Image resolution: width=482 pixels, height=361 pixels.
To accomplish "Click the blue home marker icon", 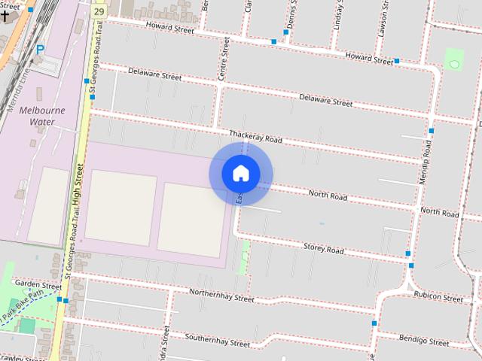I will (x=241, y=174).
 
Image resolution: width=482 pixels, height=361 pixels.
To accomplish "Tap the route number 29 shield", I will (x=99, y=12).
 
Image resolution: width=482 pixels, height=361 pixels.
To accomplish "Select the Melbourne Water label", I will (x=42, y=115).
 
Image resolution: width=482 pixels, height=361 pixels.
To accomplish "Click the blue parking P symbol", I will (x=40, y=50).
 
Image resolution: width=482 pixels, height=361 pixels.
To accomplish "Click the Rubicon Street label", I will (x=438, y=296).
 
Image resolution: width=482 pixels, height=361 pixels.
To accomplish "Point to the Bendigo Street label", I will (x=424, y=341).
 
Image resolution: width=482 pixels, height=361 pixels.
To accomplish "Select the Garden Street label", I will (x=38, y=286).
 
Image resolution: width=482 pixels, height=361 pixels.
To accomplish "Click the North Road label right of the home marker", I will (x=328, y=195).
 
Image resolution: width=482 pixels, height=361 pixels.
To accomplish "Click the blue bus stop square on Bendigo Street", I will (x=374, y=323).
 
